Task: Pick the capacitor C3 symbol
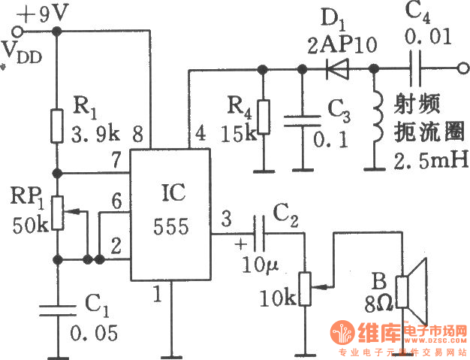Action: pos(303,122)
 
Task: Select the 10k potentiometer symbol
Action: pos(305,286)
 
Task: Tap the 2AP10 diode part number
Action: pos(344,43)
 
